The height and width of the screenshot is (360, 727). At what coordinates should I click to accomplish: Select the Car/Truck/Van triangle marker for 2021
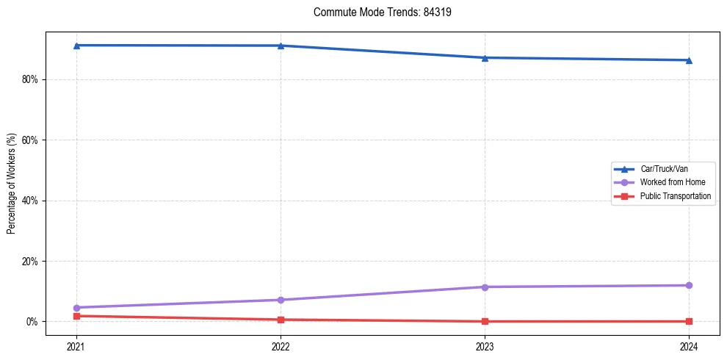coord(76,46)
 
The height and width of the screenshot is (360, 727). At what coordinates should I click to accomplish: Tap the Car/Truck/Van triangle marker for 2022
coord(281,46)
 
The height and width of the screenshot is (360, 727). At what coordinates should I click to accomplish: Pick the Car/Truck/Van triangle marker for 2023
coord(485,57)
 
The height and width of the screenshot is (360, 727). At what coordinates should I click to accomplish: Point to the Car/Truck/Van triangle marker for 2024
coord(689,60)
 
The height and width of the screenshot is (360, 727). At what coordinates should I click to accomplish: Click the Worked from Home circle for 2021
coord(76,308)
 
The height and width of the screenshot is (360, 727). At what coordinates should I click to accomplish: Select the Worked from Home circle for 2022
coord(281,300)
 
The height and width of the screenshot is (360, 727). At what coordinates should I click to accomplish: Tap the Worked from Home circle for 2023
coord(485,287)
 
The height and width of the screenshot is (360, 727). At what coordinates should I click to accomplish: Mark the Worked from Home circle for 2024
coord(689,285)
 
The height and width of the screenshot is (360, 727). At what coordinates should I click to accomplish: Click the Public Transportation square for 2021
coord(76,316)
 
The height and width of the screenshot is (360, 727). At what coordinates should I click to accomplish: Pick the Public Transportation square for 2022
coord(281,320)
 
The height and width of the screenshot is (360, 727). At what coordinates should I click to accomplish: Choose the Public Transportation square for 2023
coord(485,321)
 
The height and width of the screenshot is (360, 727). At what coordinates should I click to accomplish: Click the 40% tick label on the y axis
coord(30,201)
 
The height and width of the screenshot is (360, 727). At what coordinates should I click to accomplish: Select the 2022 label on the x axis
coord(281,345)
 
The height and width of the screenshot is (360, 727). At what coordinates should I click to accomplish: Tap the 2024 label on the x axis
coord(689,345)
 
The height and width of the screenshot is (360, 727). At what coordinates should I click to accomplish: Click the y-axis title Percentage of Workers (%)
coord(12,184)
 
